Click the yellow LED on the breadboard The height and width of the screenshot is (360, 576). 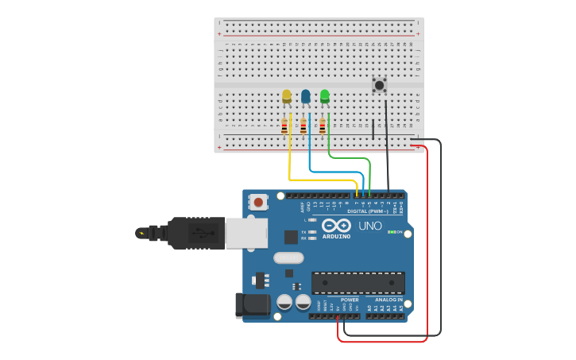tap(287, 96)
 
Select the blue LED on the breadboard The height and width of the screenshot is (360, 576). tap(306, 96)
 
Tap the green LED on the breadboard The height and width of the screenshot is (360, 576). tap(325, 96)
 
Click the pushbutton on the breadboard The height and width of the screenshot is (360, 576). tap(380, 84)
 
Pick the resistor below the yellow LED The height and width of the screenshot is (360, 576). tap(284, 126)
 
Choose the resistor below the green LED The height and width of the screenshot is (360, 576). tap(323, 126)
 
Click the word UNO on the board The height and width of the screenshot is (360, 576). tap(370, 226)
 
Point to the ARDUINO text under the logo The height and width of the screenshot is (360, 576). tap(337, 236)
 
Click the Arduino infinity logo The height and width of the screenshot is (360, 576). tap(337, 225)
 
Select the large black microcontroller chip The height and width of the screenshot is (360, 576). tap(358, 283)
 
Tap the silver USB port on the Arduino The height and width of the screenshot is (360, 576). tap(246, 233)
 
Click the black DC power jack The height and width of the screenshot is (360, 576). tap(253, 304)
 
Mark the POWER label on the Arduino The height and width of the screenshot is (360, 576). tap(350, 300)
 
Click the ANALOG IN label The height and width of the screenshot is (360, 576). tap(389, 300)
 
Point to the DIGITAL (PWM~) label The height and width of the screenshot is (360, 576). tap(368, 211)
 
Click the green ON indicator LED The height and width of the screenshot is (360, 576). tap(392, 232)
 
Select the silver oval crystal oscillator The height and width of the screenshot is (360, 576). tap(288, 257)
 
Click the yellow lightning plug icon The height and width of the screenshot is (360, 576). tap(141, 233)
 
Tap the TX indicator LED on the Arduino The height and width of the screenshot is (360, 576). tap(313, 232)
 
